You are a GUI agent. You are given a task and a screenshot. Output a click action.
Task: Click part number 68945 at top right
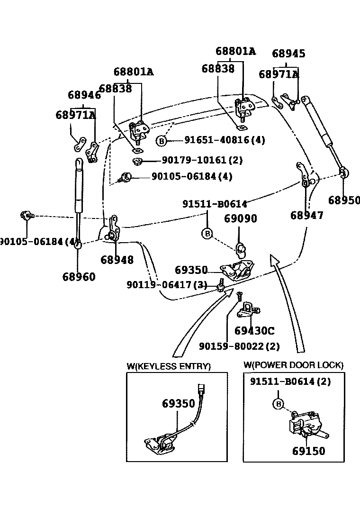pos(288,54)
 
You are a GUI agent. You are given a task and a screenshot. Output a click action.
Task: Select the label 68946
pos(84,95)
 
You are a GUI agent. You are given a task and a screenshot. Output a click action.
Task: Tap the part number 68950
pos(344,200)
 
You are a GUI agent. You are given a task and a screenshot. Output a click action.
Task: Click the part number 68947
pos(307,215)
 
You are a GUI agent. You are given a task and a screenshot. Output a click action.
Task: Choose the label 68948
pos(117,260)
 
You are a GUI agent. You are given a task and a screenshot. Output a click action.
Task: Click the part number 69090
pos(240,218)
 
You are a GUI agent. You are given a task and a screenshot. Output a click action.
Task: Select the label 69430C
pos(254,331)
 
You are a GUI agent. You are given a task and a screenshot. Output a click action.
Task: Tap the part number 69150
pos(308,451)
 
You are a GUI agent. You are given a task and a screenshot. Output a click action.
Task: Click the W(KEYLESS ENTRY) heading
pos(168,366)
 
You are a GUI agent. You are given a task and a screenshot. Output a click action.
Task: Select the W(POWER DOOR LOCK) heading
pos(293,365)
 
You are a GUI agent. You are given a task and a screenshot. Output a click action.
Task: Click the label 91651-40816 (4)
pos(225,140)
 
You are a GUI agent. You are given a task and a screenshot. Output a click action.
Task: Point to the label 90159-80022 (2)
pos(239,346)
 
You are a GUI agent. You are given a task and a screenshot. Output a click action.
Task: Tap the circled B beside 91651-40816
pos(162,141)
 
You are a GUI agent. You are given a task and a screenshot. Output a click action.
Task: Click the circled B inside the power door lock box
pos(279,403)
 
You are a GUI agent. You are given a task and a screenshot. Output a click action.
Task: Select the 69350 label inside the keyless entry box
pos(178,403)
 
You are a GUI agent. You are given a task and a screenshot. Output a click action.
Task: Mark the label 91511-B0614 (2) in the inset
pos(290,382)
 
